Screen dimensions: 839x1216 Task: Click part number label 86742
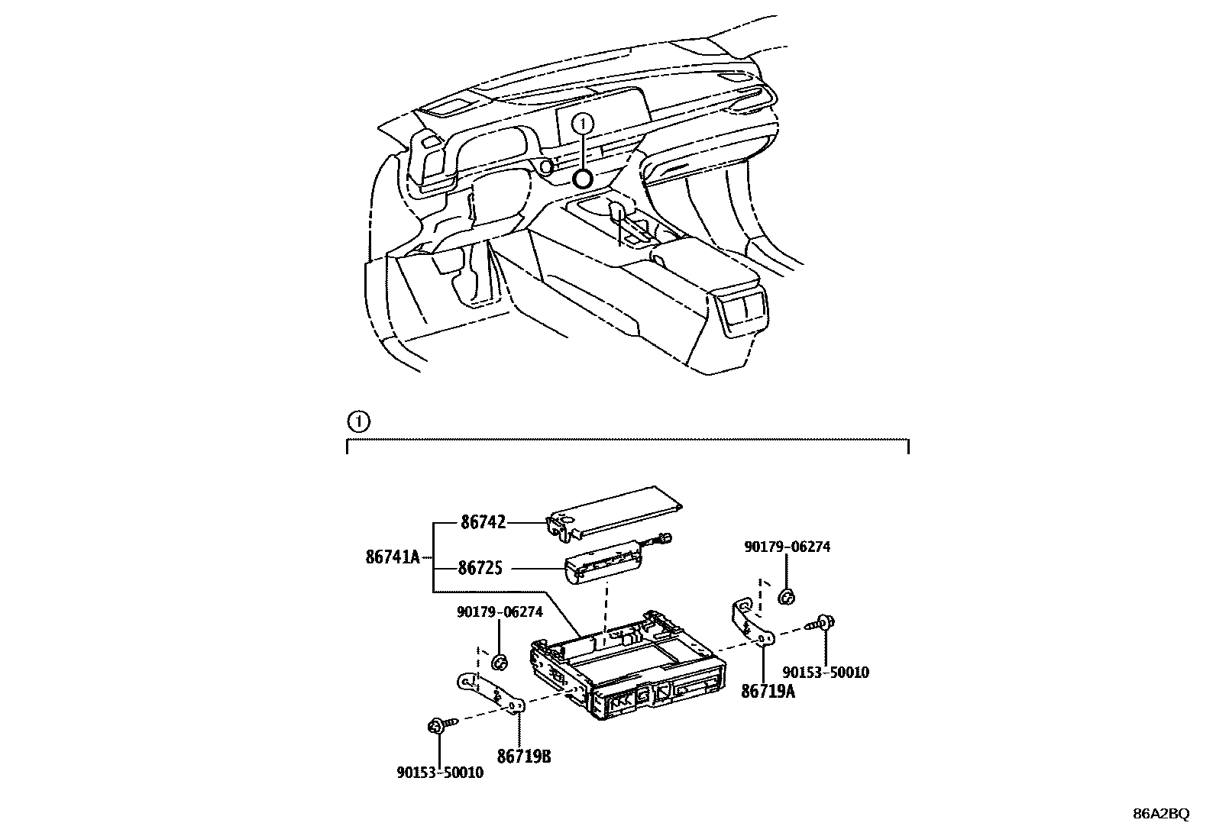[483, 523]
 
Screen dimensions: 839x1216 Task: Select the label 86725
[480, 569]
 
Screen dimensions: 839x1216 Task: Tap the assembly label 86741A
[393, 557]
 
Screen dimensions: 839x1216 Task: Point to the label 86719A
[768, 692]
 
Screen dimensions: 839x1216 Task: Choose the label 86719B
[524, 757]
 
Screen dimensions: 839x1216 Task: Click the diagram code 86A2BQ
[1160, 814]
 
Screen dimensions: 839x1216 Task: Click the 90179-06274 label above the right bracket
[787, 547]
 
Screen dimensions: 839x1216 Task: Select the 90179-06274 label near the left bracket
[500, 612]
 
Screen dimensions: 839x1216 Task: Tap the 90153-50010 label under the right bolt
[826, 673]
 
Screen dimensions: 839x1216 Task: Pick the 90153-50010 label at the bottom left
[440, 773]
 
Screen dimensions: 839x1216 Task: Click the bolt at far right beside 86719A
[824, 623]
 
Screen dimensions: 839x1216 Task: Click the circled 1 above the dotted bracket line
[357, 421]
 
